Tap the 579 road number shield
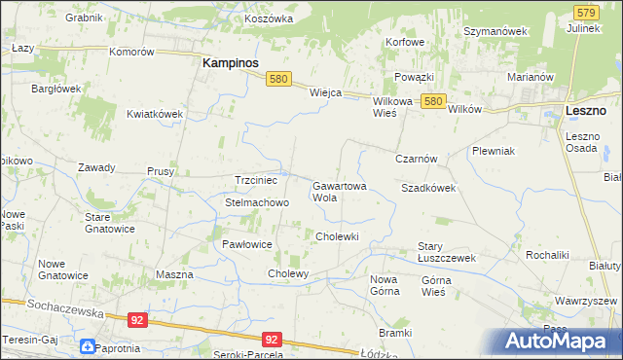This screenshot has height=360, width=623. pos(585,13)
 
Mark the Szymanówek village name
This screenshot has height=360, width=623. pos(495,31)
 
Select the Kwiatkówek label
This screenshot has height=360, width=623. pos(155,114)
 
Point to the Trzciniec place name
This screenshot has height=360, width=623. pos(257,180)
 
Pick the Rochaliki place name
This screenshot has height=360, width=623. pos(546,254)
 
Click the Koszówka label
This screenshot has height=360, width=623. pos(270,18)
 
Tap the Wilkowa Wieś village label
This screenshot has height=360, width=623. pos(392,106)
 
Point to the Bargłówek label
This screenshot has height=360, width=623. pos(56,89)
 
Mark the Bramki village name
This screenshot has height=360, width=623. pos(396,332)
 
